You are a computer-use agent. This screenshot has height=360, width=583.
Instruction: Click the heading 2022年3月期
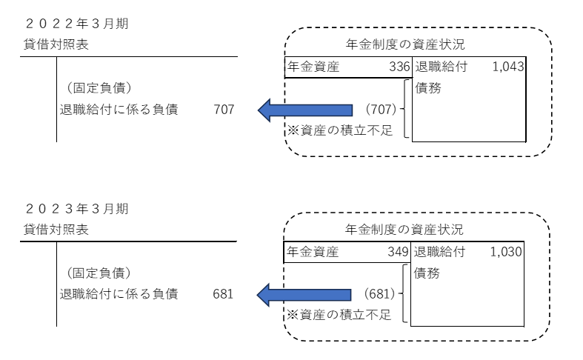click(x=76, y=24)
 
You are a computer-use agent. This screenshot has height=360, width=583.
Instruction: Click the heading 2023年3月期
click(x=76, y=209)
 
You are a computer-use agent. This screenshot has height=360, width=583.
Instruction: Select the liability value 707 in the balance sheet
click(x=223, y=110)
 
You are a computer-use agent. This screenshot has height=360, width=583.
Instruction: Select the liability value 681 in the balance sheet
click(x=222, y=294)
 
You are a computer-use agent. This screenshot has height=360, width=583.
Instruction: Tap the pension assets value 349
click(x=399, y=252)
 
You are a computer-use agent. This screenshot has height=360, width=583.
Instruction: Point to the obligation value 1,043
click(x=507, y=67)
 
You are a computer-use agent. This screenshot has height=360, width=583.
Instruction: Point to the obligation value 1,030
click(x=507, y=252)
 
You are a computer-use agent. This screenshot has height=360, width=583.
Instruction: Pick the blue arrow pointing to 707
click(x=305, y=110)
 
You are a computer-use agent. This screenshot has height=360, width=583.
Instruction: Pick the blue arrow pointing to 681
click(x=304, y=295)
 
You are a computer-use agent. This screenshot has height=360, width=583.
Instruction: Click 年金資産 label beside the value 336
click(x=312, y=67)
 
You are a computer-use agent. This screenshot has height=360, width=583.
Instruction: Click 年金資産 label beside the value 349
click(x=312, y=252)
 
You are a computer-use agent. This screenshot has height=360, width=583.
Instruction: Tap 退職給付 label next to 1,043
click(x=440, y=67)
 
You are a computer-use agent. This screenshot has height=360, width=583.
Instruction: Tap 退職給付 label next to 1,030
click(x=439, y=252)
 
